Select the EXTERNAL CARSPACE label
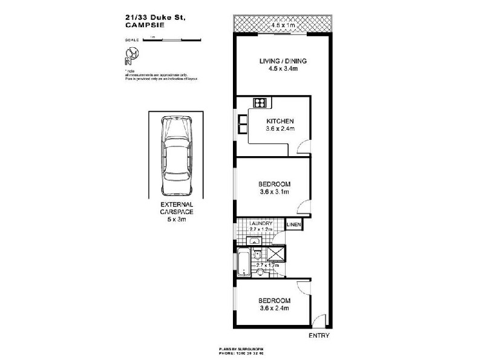[177, 209]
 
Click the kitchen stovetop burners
[260, 102]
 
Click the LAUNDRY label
[261, 224]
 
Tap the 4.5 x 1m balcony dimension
[283, 25]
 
